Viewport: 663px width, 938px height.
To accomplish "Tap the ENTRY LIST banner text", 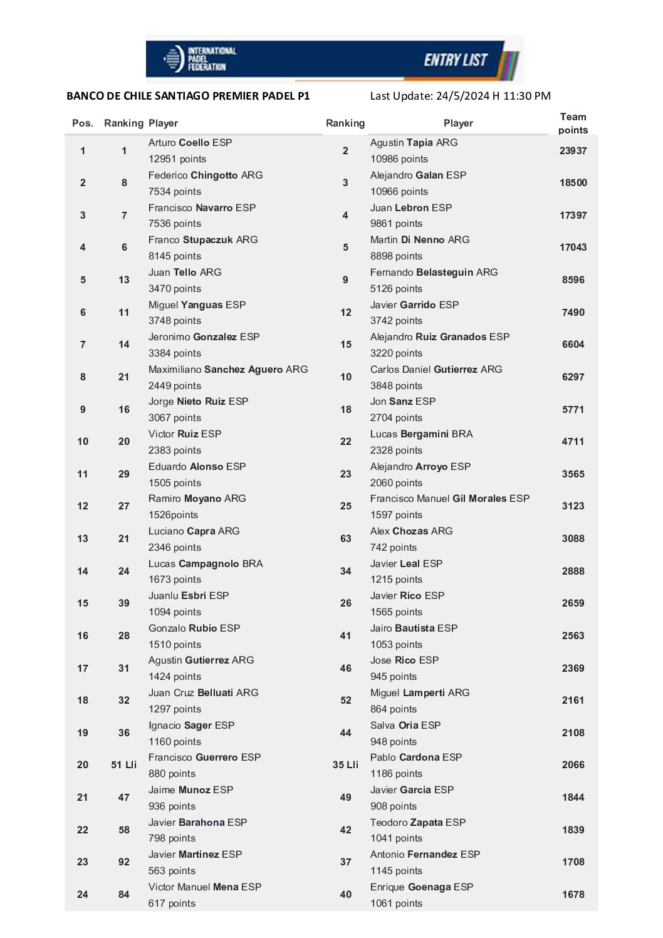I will coord(456,60).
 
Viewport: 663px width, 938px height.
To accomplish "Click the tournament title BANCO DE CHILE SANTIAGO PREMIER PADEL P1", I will coord(188,96).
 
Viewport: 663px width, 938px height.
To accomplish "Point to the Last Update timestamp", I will coord(460,96).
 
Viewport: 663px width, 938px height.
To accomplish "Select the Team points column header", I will coord(573,123).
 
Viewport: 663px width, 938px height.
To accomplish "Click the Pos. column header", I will coord(83,123).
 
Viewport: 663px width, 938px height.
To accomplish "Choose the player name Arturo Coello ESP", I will coord(190,143).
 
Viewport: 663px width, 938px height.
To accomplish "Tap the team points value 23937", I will coord(573,151).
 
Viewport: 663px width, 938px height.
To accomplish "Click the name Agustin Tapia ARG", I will coord(414,143).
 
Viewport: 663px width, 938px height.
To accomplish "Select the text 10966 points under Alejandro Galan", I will coord(399,192).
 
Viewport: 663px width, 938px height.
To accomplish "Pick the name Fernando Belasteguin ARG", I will coord(434,273).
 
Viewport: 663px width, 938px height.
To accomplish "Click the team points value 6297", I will coord(573,377).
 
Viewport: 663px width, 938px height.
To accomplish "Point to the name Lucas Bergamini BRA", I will coord(421,434).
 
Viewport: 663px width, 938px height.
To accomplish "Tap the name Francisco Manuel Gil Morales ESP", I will coord(449,499).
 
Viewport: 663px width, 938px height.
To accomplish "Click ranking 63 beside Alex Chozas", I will coord(345,539).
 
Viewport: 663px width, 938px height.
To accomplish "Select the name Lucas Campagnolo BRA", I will coord(206,564).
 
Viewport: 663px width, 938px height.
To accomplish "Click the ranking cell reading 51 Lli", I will coord(123,765).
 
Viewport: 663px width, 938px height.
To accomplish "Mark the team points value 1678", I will coord(573,895).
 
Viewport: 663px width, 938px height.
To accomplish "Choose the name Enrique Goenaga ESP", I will coord(421,887).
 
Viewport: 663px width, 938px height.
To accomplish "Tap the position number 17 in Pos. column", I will coord(83,669).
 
